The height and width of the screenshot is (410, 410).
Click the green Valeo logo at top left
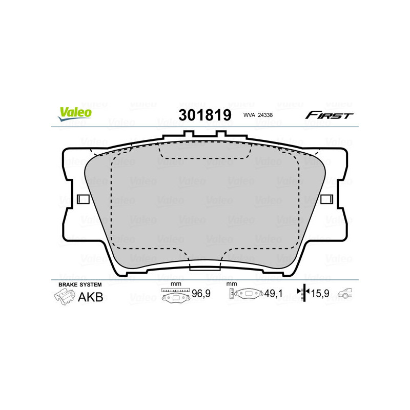(x=75, y=114)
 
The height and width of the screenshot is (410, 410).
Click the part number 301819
(x=204, y=115)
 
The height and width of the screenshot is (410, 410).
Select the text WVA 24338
(x=259, y=115)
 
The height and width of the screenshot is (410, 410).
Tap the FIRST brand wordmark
(x=329, y=115)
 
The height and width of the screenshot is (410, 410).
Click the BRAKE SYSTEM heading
(x=80, y=284)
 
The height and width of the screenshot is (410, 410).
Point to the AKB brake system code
(x=90, y=297)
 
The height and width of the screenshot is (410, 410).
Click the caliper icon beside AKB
(x=64, y=297)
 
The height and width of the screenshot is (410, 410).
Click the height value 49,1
(x=274, y=295)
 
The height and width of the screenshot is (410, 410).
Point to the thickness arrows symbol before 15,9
(x=304, y=293)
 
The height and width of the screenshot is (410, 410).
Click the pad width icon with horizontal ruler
(x=175, y=295)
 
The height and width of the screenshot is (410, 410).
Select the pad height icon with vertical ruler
(x=247, y=294)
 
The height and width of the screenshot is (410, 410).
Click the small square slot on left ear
(x=82, y=199)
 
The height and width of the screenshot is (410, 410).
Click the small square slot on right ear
(x=326, y=199)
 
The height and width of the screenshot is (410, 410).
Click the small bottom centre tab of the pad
(x=204, y=266)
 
